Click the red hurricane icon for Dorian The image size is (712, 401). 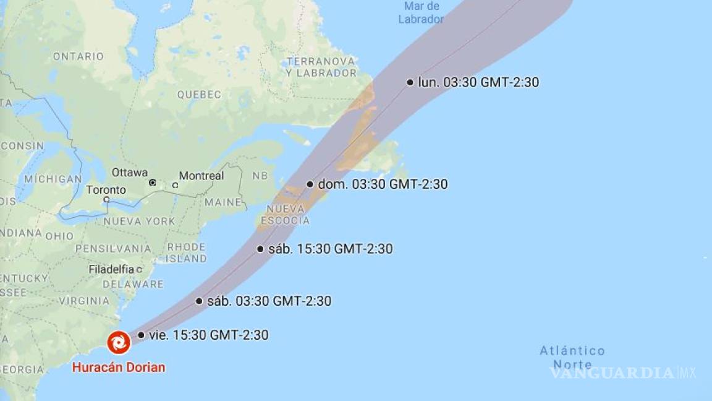tap(118, 342)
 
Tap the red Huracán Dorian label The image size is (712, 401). tap(119, 367)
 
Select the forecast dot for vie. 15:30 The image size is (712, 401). tap(141, 335)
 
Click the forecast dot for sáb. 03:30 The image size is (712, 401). tap(199, 301)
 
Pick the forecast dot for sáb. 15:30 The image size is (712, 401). tap(260, 249)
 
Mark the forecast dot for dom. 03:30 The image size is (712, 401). tap(310, 184)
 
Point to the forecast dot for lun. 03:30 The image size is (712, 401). tap(410, 82)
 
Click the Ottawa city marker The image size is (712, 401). tap(152, 183)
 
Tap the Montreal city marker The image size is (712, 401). tap(175, 185)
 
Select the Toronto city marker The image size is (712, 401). tap(106, 199)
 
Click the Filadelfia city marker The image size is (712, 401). tap(139, 270)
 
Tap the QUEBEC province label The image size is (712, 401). tap(199, 95)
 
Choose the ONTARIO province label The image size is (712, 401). tap(78, 56)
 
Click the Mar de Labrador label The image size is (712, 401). tap(421, 12)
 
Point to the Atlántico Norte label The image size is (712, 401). tap(572, 358)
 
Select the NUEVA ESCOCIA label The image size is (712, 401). tap(285, 214)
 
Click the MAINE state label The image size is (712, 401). tap(223, 202)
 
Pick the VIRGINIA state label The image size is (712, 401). tap(85, 301)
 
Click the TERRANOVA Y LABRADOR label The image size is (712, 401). tap(321, 67)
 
